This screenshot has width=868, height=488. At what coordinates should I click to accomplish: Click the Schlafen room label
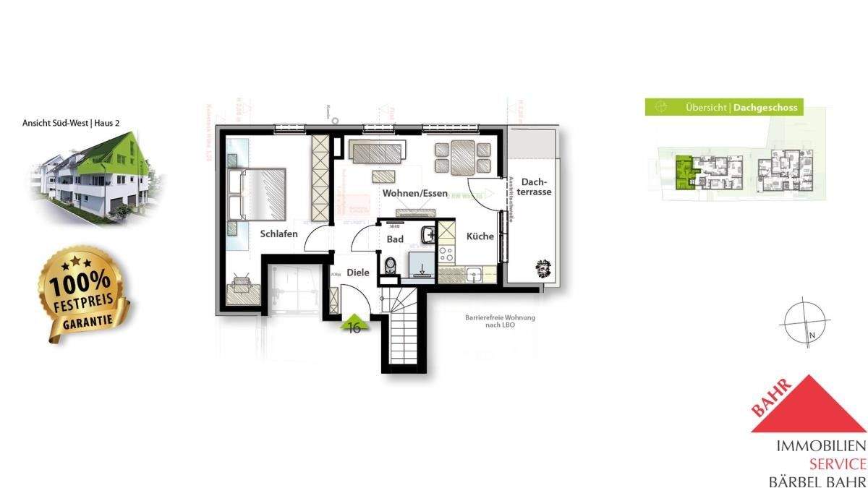coord(278,234)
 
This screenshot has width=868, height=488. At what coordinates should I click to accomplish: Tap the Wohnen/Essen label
coord(414,194)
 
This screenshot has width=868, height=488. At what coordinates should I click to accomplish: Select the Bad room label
coord(395,239)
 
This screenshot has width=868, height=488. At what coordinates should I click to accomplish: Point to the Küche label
coord(480,236)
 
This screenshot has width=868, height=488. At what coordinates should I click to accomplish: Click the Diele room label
coord(358,273)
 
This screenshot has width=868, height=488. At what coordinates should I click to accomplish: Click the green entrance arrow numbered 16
coord(355,324)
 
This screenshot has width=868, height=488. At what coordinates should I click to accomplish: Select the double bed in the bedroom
coord(257,194)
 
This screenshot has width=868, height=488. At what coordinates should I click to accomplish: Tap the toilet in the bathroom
coord(391,267)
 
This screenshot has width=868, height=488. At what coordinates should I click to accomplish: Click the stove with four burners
coord(446,254)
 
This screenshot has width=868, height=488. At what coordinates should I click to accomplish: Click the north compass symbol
coord(804,321)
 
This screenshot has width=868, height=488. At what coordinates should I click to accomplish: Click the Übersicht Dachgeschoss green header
coord(723,108)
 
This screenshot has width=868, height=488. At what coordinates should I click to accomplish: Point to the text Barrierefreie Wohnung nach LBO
coord(496,321)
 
